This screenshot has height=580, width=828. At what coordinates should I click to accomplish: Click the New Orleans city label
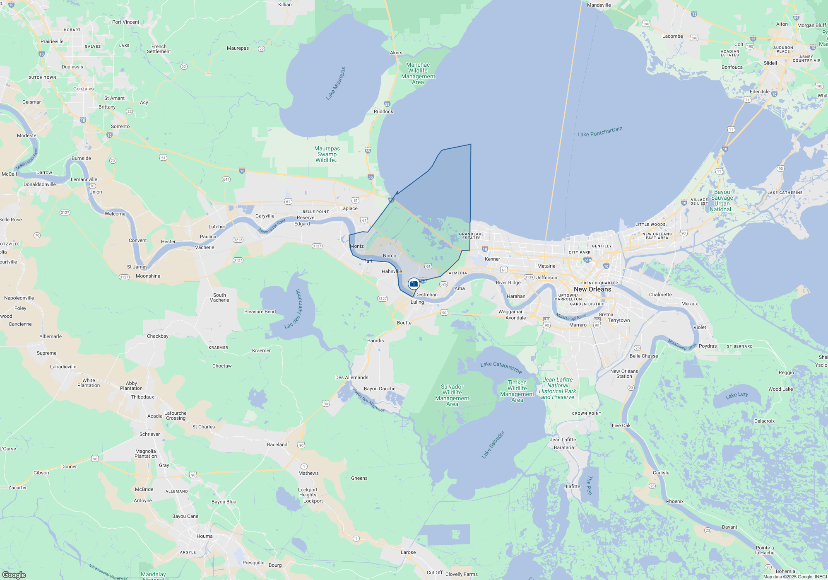click(592, 289)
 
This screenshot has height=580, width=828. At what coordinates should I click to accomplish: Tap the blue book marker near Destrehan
click(414, 284)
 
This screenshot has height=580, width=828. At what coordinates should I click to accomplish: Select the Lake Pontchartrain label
click(599, 132)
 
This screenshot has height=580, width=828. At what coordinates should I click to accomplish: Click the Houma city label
click(205, 536)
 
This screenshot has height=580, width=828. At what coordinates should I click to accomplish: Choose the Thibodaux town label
click(142, 397)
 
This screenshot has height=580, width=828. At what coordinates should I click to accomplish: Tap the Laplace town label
click(349, 208)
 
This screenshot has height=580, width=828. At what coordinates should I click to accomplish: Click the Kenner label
click(492, 259)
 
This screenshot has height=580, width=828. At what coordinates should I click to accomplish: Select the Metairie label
click(546, 266)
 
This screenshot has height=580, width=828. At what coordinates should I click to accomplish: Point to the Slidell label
click(770, 63)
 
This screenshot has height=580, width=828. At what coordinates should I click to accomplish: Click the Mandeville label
click(599, 5)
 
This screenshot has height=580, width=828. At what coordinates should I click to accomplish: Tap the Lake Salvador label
click(493, 445)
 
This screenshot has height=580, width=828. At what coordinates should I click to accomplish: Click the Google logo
click(14, 575)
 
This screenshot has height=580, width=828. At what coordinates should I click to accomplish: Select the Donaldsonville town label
click(40, 184)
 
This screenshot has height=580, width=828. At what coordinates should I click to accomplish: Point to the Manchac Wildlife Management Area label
click(418, 73)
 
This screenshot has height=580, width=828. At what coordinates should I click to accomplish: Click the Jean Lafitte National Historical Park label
click(558, 388)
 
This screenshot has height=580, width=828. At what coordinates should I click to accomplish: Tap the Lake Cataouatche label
click(501, 367)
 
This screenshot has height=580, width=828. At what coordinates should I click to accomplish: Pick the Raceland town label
click(277, 445)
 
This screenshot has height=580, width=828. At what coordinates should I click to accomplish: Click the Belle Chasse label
click(643, 356)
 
